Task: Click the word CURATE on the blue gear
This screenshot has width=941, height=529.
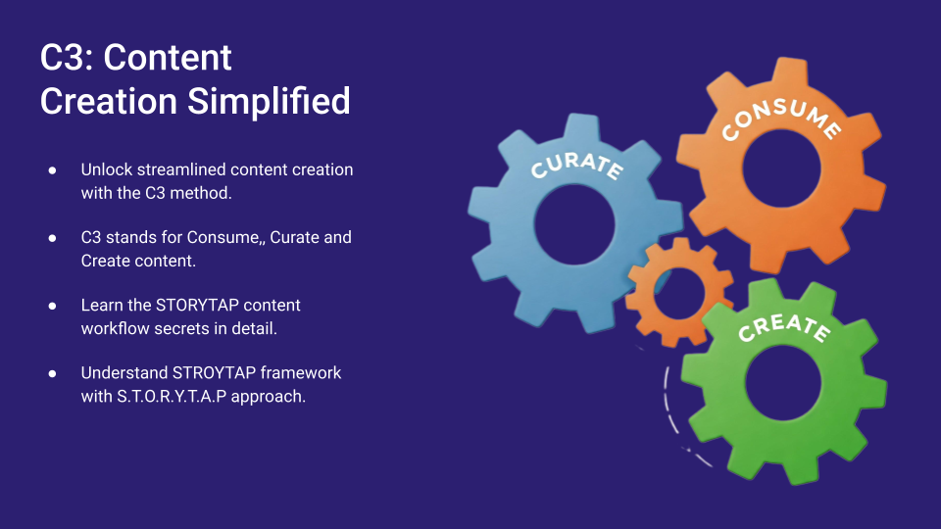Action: coord(576,165)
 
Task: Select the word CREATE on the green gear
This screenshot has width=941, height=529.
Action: coord(784,327)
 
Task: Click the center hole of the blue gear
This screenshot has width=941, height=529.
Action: coord(574,223)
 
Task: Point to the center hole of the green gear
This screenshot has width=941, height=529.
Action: coord(783,383)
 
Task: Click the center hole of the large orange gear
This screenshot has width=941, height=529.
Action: coord(781,168)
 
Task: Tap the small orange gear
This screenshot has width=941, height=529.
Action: coord(678,292)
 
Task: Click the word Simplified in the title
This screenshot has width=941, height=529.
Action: coord(269,101)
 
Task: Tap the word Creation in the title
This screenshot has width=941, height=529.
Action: coord(109,101)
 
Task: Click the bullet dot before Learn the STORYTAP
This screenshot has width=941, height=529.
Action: coord(52,306)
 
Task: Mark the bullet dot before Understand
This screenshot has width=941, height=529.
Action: coord(52,373)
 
